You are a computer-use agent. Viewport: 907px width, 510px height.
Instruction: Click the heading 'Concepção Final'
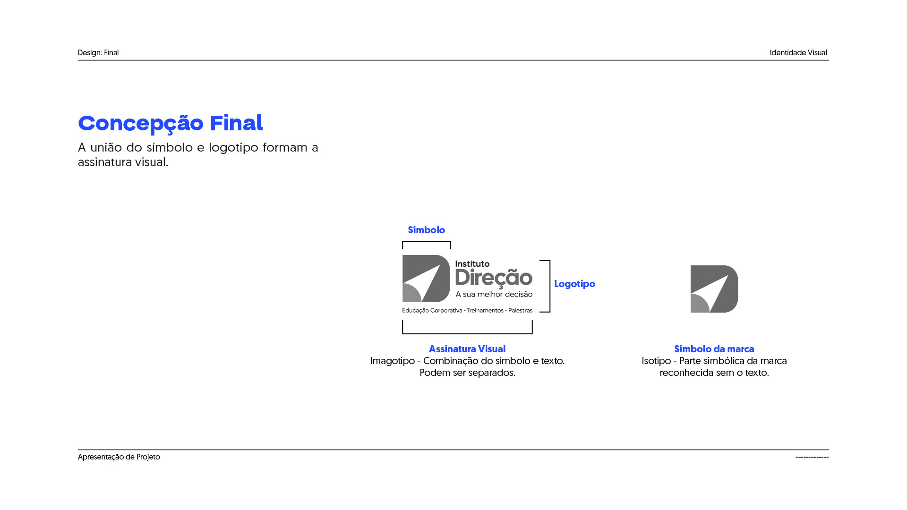click(170, 123)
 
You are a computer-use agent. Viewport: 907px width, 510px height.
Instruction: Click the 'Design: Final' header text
click(98, 52)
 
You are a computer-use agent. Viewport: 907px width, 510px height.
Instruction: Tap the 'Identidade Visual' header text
click(798, 52)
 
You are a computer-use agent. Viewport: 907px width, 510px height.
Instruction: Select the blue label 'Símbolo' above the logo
click(426, 230)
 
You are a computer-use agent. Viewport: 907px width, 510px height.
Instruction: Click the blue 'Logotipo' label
click(574, 284)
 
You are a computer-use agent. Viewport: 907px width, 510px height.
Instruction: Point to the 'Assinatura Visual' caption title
click(467, 349)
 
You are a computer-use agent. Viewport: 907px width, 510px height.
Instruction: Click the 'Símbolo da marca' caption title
click(714, 349)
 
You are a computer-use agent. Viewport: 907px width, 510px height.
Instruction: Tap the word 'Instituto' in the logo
click(472, 264)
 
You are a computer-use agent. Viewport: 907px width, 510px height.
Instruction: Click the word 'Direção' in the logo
click(494, 278)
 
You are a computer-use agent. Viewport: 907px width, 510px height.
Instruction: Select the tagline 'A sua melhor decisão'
click(494, 294)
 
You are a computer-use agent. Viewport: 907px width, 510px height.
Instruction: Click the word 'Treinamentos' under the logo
click(485, 310)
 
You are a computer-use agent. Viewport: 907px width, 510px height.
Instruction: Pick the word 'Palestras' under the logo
click(520, 310)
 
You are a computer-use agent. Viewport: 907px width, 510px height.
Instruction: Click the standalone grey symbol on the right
click(714, 289)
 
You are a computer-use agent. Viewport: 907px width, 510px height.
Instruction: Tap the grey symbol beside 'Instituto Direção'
click(426, 279)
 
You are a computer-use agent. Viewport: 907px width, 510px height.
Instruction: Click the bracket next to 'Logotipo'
click(548, 286)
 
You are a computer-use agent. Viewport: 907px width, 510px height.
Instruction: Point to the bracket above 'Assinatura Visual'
click(467, 332)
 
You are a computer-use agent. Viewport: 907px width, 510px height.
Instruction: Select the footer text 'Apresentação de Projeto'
click(119, 457)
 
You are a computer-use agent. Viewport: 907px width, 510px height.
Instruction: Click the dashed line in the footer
click(812, 457)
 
